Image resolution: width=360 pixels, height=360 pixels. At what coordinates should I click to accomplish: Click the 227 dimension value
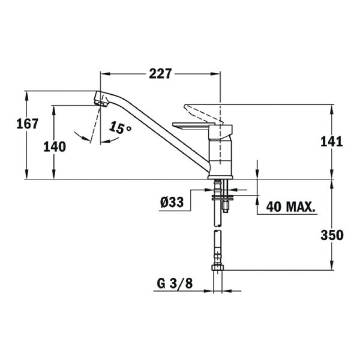click(x=160, y=73)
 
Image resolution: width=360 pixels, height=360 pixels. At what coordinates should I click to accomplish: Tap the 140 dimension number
click(x=55, y=146)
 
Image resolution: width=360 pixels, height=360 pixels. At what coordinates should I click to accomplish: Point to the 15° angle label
click(x=120, y=128)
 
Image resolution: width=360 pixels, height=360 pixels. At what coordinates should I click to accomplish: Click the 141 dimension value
click(x=331, y=142)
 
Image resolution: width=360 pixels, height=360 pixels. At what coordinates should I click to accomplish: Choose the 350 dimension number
click(x=331, y=235)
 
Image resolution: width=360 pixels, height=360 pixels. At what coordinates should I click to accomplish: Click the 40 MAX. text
click(x=291, y=208)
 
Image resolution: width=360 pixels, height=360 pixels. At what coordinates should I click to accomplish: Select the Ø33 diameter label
click(x=172, y=203)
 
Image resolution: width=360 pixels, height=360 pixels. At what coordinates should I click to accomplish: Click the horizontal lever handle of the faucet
click(x=192, y=125)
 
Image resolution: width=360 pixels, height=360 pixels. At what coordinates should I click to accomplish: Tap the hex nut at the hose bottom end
click(x=218, y=268)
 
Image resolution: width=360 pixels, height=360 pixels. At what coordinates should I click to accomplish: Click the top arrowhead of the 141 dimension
click(x=331, y=107)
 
